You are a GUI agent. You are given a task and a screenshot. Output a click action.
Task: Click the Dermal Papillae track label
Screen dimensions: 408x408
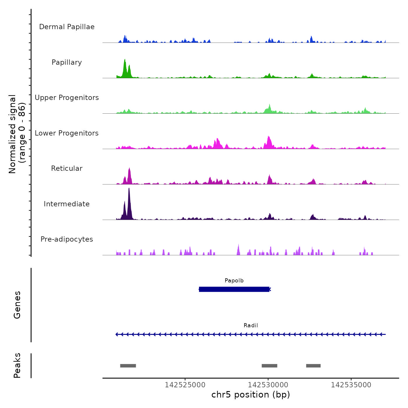[x=67, y=27]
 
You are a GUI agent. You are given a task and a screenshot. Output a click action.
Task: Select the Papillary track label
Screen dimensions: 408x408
[x=67, y=62]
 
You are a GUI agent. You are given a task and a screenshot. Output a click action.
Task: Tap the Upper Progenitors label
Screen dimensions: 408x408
[x=67, y=98]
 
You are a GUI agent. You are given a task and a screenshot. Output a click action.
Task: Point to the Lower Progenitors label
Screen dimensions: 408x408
[x=67, y=133]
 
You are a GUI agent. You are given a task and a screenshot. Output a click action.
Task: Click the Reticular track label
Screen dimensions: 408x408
[x=67, y=168]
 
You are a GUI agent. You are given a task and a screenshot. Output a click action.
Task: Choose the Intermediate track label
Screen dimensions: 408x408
[x=67, y=204]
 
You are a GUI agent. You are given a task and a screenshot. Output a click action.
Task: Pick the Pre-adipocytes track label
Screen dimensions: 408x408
[x=67, y=239]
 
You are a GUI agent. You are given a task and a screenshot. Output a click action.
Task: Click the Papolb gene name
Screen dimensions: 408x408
[x=234, y=281]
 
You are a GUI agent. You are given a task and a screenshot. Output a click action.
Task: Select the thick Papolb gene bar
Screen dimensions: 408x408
[x=234, y=289]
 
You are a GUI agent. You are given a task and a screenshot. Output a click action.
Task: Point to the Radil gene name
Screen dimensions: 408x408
[x=251, y=326]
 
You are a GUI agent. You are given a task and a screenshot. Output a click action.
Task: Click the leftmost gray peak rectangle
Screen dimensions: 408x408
[x=128, y=366]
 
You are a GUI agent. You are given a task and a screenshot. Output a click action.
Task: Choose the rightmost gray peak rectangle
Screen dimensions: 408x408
[x=313, y=366]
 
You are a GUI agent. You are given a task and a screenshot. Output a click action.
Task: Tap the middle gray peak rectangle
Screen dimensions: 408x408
[x=269, y=366]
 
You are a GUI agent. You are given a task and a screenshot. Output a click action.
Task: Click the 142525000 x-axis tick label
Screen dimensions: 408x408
[x=185, y=385]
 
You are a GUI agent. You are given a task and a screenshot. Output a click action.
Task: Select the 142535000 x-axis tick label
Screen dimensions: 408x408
[x=351, y=385]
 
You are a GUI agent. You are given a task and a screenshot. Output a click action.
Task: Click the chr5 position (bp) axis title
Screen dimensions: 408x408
[x=251, y=395]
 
